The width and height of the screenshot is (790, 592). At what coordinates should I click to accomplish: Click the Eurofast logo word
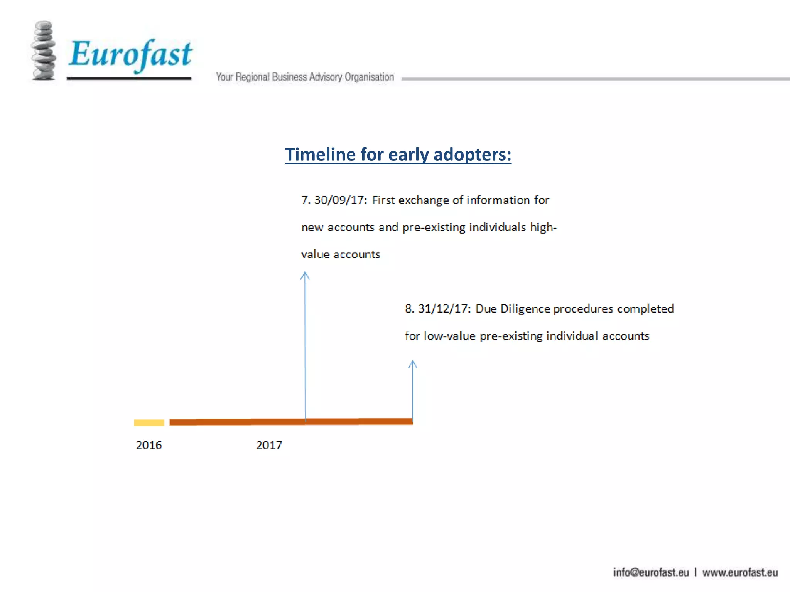tap(130, 54)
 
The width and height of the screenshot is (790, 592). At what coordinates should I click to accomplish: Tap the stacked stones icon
tap(44, 51)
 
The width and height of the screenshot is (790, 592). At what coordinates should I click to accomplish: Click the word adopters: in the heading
tap(472, 155)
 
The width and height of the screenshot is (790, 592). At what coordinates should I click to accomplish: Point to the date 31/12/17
tap(444, 309)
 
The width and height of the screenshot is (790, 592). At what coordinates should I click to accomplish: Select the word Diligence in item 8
tap(525, 309)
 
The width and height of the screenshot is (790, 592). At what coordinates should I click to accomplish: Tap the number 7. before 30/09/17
tap(306, 200)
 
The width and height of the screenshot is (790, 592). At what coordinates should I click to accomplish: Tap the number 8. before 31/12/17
tap(409, 309)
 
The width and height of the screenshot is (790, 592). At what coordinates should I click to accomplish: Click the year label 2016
tap(149, 445)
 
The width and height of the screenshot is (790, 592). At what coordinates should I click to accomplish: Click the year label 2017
tap(269, 445)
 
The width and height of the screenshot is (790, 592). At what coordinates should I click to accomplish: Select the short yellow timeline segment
tap(149, 422)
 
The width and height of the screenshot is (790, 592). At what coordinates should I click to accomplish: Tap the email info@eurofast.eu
tap(651, 572)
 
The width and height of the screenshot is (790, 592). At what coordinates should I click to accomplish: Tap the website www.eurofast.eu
tap(740, 572)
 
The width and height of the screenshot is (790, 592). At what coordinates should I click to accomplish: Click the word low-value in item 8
tap(449, 336)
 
